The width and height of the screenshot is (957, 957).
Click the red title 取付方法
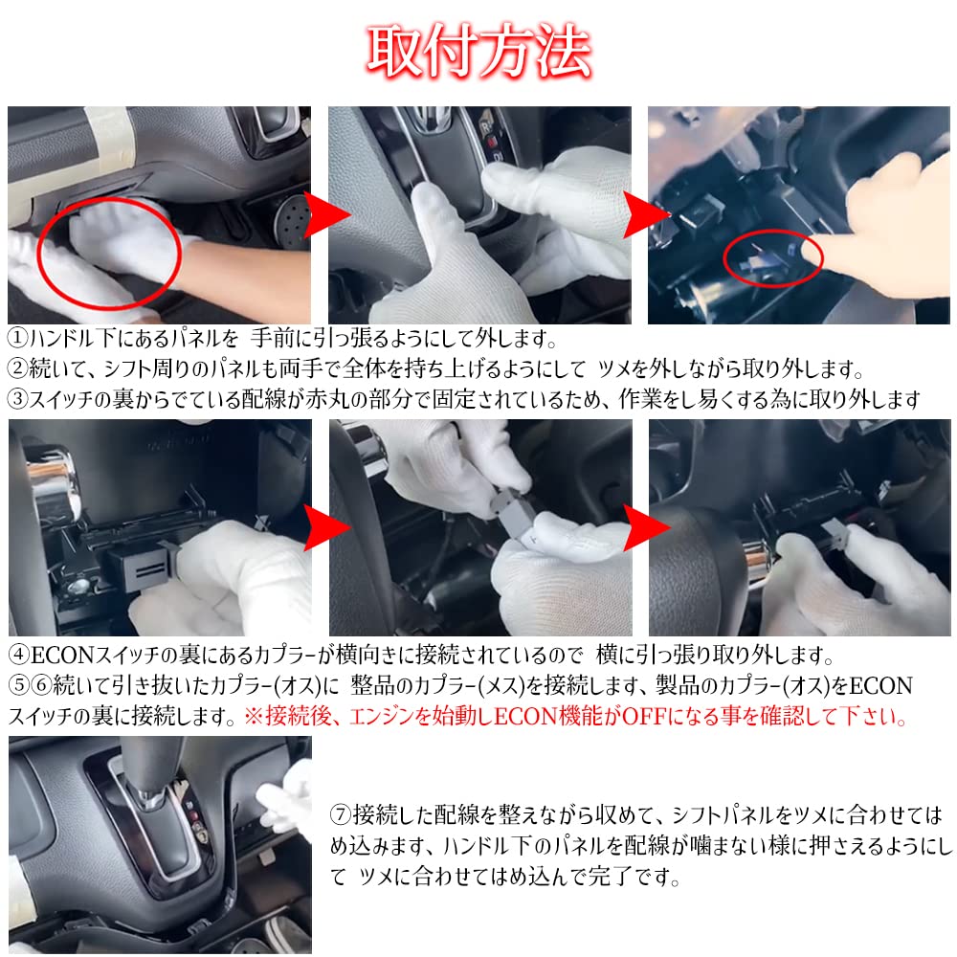478,50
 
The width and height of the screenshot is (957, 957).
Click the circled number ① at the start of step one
18,339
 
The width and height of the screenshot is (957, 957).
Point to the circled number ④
18,657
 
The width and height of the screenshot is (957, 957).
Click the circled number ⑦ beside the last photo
342,816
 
